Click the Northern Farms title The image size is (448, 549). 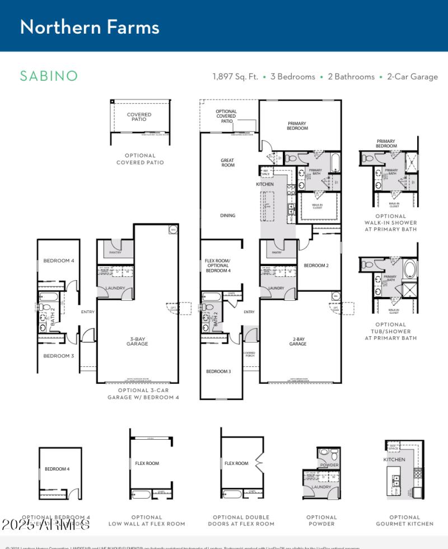click(x=90, y=27)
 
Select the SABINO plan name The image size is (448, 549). click(x=49, y=76)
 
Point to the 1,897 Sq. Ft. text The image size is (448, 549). click(x=235, y=77)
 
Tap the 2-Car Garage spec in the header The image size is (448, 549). click(x=412, y=77)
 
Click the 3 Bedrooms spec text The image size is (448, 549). click(x=292, y=77)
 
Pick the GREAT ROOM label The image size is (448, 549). click(x=227, y=163)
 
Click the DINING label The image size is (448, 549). click(x=227, y=216)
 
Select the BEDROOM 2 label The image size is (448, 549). click(x=316, y=266)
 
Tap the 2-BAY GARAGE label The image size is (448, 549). click(x=298, y=342)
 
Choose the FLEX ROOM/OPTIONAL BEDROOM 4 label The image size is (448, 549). click(x=218, y=266)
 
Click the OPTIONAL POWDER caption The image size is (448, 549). click(x=321, y=520)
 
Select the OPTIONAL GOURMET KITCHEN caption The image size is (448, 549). click(x=404, y=520)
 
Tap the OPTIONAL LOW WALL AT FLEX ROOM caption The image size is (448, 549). click(x=147, y=520)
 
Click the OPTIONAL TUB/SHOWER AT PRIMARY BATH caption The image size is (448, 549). click(x=390, y=331)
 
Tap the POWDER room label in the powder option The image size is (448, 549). click(x=329, y=465)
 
